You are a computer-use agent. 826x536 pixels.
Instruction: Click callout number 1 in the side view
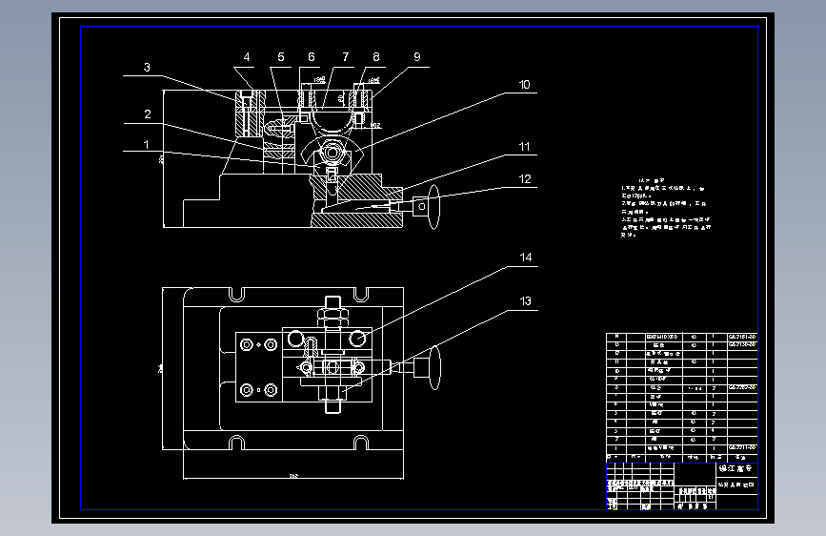(x=146, y=145)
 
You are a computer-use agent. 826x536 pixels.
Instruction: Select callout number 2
(x=147, y=114)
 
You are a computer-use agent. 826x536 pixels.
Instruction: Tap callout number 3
(x=147, y=68)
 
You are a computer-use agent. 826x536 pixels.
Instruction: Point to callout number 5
(x=281, y=57)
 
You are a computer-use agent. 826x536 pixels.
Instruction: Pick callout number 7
(x=345, y=57)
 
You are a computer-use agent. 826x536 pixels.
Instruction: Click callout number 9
(x=416, y=57)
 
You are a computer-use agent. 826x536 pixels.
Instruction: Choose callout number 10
(x=523, y=85)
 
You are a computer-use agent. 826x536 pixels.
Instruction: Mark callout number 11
(x=523, y=147)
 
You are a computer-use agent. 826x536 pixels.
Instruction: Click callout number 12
(x=523, y=178)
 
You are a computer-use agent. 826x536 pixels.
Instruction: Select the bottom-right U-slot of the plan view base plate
(x=361, y=442)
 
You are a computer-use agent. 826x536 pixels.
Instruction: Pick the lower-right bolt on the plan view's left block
(x=271, y=389)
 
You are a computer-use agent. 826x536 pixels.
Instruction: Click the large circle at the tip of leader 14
(x=358, y=339)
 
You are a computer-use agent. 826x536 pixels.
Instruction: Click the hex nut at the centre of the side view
(x=332, y=152)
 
